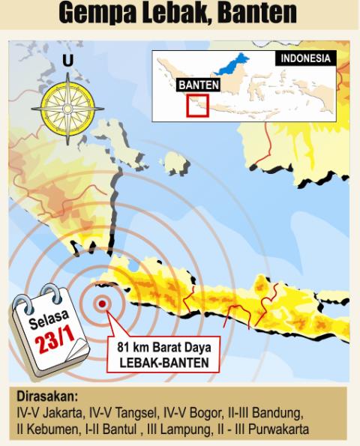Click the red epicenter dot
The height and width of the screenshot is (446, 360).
coord(102,304)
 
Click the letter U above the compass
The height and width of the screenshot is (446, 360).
coord(68,60)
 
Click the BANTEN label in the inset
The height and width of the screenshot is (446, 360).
coord(199,85)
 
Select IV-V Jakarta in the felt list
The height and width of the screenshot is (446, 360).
coord(46,413)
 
